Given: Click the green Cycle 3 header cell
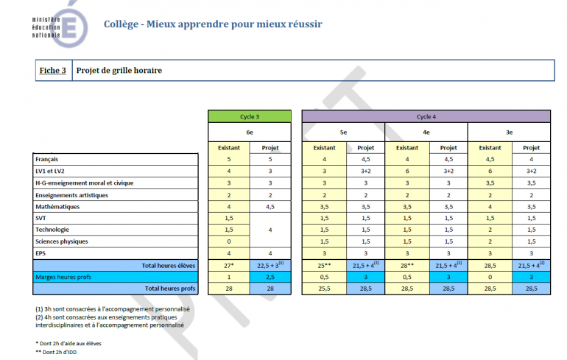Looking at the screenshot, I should point(250,116).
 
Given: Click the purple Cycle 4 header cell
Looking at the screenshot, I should point(426,116).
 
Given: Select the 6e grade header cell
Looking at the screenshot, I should point(250,132).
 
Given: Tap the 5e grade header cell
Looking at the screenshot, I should point(343,132).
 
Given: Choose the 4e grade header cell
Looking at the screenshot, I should point(426,132).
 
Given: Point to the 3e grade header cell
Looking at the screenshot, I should point(509,132).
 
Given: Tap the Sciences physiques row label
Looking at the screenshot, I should point(62,241).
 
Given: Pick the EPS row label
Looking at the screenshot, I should point(42,253).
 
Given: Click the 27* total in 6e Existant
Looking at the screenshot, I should point(229,265).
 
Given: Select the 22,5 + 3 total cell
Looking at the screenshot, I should point(270,265).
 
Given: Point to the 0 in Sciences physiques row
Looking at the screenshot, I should point(229,241).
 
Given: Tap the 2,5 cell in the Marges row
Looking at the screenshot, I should point(270,277).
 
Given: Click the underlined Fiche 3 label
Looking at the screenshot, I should point(53,71).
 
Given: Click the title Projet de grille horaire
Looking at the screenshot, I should point(119,71).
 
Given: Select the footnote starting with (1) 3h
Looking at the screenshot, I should point(112,309).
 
